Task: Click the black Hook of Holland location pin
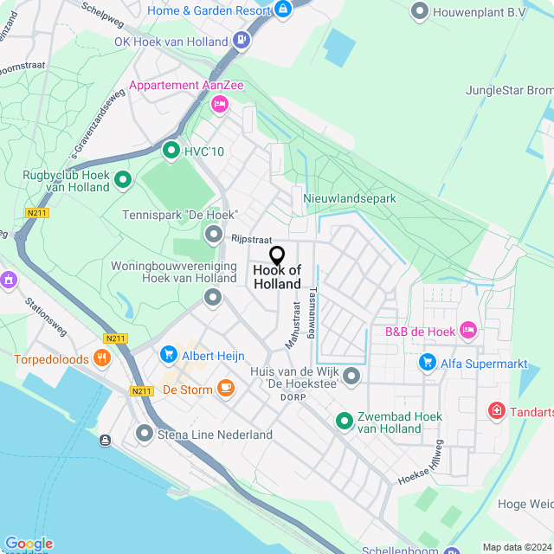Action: tap(277, 255)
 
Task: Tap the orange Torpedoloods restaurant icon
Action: tap(103, 358)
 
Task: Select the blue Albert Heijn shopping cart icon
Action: tap(169, 355)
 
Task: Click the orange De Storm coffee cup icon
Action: tap(226, 388)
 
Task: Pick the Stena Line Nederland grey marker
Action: tap(144, 433)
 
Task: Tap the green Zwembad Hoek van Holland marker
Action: tap(345, 422)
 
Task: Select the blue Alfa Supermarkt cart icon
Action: tap(426, 362)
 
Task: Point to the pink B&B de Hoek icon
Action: tap(468, 329)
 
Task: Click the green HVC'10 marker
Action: tap(171, 151)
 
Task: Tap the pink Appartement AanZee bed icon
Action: tap(219, 104)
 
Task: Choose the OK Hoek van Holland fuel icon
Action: tap(242, 41)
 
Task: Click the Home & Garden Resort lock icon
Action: tap(283, 10)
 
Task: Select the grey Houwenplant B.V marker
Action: tap(420, 11)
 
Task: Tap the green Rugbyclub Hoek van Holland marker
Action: tap(123, 180)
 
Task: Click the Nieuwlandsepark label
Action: tap(350, 199)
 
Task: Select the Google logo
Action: tap(28, 543)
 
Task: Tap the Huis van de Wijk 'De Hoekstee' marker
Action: tap(351, 376)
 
